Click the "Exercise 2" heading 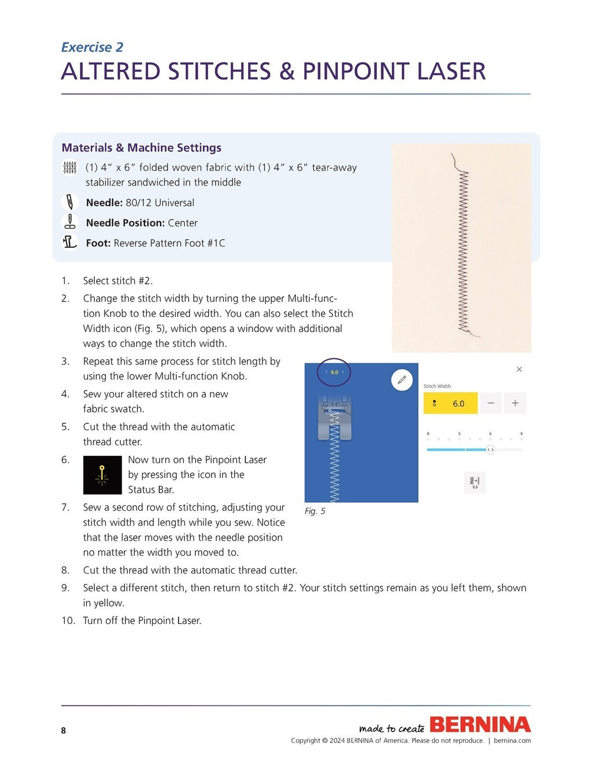pos(92,47)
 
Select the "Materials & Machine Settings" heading pos(141,148)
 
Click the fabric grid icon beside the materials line pos(69,168)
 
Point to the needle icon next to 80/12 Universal pos(69,202)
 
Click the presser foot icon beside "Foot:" pos(69,242)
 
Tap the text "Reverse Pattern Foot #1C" pos(169,243)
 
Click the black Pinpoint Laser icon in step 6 pos(102,475)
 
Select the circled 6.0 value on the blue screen pos(334,372)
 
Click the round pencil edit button pos(402,380)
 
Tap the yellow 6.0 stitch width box pos(450,403)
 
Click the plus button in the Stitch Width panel pos(515,403)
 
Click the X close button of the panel pos(519,369)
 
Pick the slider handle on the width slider pos(490,449)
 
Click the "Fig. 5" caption pos(315,511)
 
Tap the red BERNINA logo pos(480,724)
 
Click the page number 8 pos(64,731)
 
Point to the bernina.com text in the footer pos(512,741)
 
